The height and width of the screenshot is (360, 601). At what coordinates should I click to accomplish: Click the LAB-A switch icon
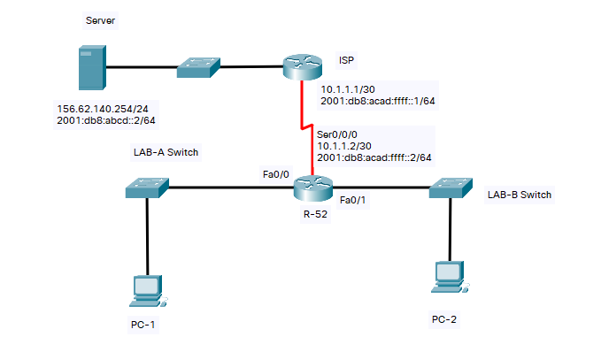147,187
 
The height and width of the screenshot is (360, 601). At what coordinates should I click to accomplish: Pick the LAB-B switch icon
450,188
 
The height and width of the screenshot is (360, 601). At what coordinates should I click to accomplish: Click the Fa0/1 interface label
353,199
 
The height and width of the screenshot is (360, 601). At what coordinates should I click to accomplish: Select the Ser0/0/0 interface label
338,133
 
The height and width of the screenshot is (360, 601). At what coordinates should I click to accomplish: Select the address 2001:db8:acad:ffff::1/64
378,101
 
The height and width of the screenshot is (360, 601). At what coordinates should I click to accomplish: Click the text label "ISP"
347,60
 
